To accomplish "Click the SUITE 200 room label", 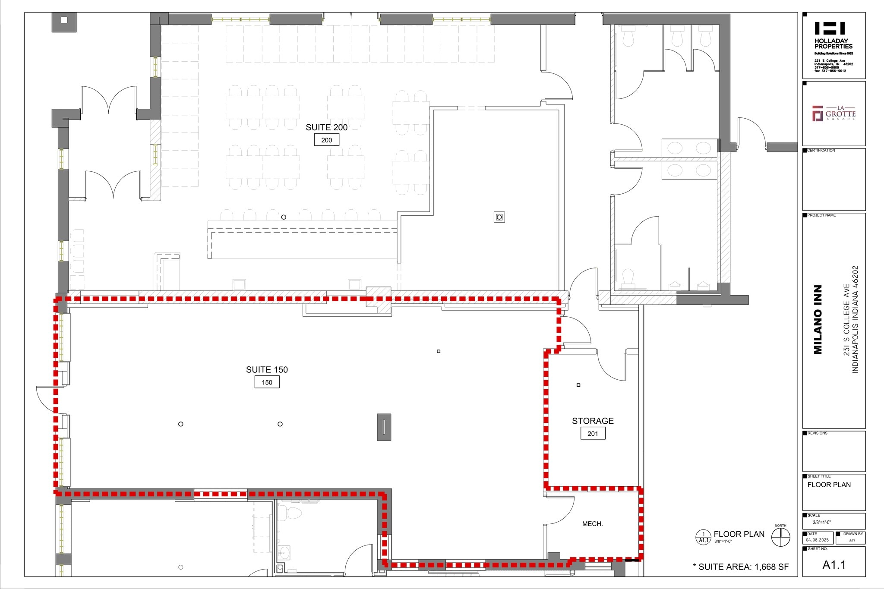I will coord(326,127).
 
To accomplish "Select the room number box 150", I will coord(267,382).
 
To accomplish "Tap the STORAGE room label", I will coord(593,421).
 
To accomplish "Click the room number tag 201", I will coord(593,433).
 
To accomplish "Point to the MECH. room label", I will coord(592,524).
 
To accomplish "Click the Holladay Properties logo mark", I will coord(829,28).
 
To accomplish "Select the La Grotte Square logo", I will coord(833,113).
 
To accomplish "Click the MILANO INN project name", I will coord(818,320).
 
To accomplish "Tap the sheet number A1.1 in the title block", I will coord(834,565).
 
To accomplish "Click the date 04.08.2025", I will coord(817,540).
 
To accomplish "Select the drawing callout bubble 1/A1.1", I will coord(703,537).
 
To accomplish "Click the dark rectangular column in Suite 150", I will coord(384,427).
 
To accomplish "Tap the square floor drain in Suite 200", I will coord(499,217).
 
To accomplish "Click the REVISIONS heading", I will coord(817,433).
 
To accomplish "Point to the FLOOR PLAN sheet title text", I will coord(829,485).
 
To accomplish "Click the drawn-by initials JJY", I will coord(852,540).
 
